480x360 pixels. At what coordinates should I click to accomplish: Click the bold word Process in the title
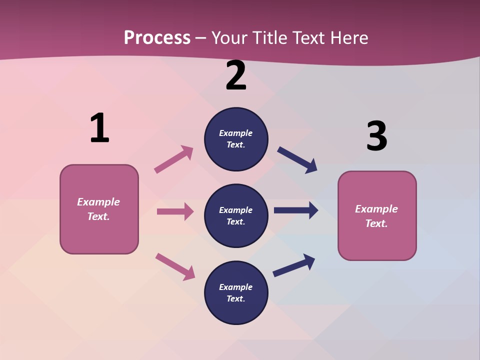[x=157, y=37]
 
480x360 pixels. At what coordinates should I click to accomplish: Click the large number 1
[x=99, y=128]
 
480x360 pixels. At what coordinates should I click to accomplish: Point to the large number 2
[x=236, y=75]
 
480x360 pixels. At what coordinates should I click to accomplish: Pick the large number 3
[x=376, y=136]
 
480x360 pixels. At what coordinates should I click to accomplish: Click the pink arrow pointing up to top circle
[x=173, y=159]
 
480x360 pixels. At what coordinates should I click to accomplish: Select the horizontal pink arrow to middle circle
[x=175, y=211]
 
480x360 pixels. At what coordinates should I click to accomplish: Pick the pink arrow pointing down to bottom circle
[x=175, y=266]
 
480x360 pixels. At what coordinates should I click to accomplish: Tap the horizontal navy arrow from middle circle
[x=296, y=210]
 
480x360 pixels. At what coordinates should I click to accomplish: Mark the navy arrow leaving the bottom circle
[x=294, y=265]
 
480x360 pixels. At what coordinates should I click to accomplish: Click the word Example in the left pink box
[x=98, y=202]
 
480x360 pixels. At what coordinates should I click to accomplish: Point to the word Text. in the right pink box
[x=376, y=223]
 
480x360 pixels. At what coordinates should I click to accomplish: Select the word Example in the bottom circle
[x=236, y=287]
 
